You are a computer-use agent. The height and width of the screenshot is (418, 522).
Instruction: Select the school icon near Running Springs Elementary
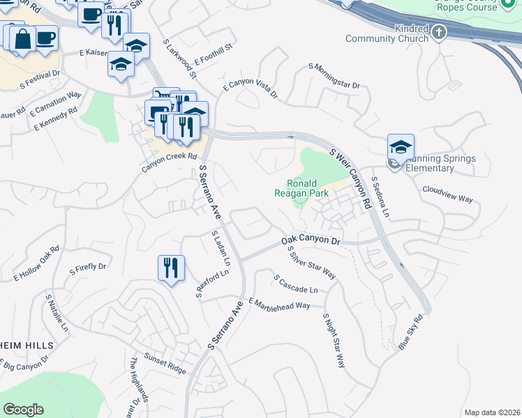401,146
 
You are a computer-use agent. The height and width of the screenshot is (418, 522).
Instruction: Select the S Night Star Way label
334,341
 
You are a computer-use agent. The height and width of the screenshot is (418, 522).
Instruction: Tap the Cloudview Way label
447,194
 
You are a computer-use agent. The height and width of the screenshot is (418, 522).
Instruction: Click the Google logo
23,409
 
